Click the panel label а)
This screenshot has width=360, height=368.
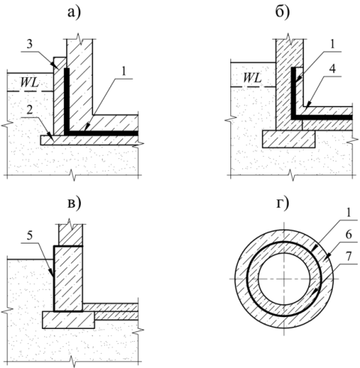[x=74, y=13]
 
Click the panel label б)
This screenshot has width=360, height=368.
[x=283, y=12]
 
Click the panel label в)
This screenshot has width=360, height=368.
[x=74, y=203]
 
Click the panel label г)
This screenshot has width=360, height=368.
[x=283, y=203]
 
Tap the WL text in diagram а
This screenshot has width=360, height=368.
[x=29, y=82]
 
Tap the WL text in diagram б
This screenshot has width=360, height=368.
[x=252, y=78]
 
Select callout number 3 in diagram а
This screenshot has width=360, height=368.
[x=29, y=44]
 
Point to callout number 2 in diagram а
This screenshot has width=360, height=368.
[x=29, y=110]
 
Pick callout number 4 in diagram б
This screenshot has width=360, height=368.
[x=332, y=69]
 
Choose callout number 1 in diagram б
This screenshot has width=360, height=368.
[x=332, y=44]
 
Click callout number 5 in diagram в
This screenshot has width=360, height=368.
[x=29, y=235]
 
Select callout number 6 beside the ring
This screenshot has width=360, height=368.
[x=349, y=235]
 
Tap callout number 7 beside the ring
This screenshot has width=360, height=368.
[x=349, y=256]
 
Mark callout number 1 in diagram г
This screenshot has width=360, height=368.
[x=349, y=213]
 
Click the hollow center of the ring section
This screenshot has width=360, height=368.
[x=284, y=279]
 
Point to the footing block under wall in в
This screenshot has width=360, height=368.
[x=68, y=320]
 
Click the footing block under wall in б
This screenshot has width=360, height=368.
[x=289, y=139]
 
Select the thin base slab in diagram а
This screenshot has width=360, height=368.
[x=90, y=140]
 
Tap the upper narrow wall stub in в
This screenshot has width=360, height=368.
[x=70, y=235]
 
